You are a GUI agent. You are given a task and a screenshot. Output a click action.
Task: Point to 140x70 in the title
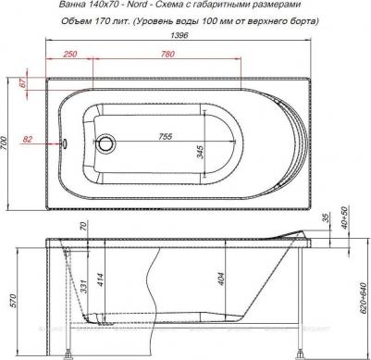[x=71, y=8]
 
